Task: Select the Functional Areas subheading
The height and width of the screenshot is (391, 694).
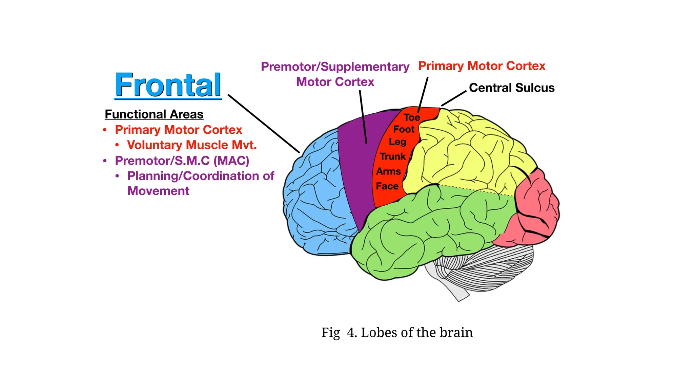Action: pos(154,114)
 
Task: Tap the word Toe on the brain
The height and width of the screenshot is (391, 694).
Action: pos(412,117)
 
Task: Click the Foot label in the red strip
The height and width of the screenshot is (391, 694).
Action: pos(404,129)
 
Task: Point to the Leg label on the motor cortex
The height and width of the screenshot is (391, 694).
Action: pos(397,142)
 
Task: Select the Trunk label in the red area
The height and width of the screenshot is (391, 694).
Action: pos(392,156)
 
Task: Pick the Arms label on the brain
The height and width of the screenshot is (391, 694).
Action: pos(388,171)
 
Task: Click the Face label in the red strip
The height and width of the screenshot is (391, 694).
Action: pos(387,186)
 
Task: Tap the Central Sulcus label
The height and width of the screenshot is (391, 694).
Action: pos(511,88)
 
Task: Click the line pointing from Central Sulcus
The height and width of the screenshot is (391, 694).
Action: pos(454,98)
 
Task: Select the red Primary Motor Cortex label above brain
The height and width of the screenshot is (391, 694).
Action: pos(482,66)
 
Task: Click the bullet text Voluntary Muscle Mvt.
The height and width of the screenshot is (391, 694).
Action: pos(192,145)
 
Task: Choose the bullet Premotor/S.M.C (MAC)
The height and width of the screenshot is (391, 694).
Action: pos(182,161)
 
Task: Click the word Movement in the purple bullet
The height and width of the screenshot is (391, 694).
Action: pos(158,191)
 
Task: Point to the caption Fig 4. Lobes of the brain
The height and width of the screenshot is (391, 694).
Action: pos(397,333)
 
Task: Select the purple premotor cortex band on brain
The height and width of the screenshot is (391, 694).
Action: pos(356,163)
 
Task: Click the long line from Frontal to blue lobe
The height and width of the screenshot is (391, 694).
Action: pos(264,124)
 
